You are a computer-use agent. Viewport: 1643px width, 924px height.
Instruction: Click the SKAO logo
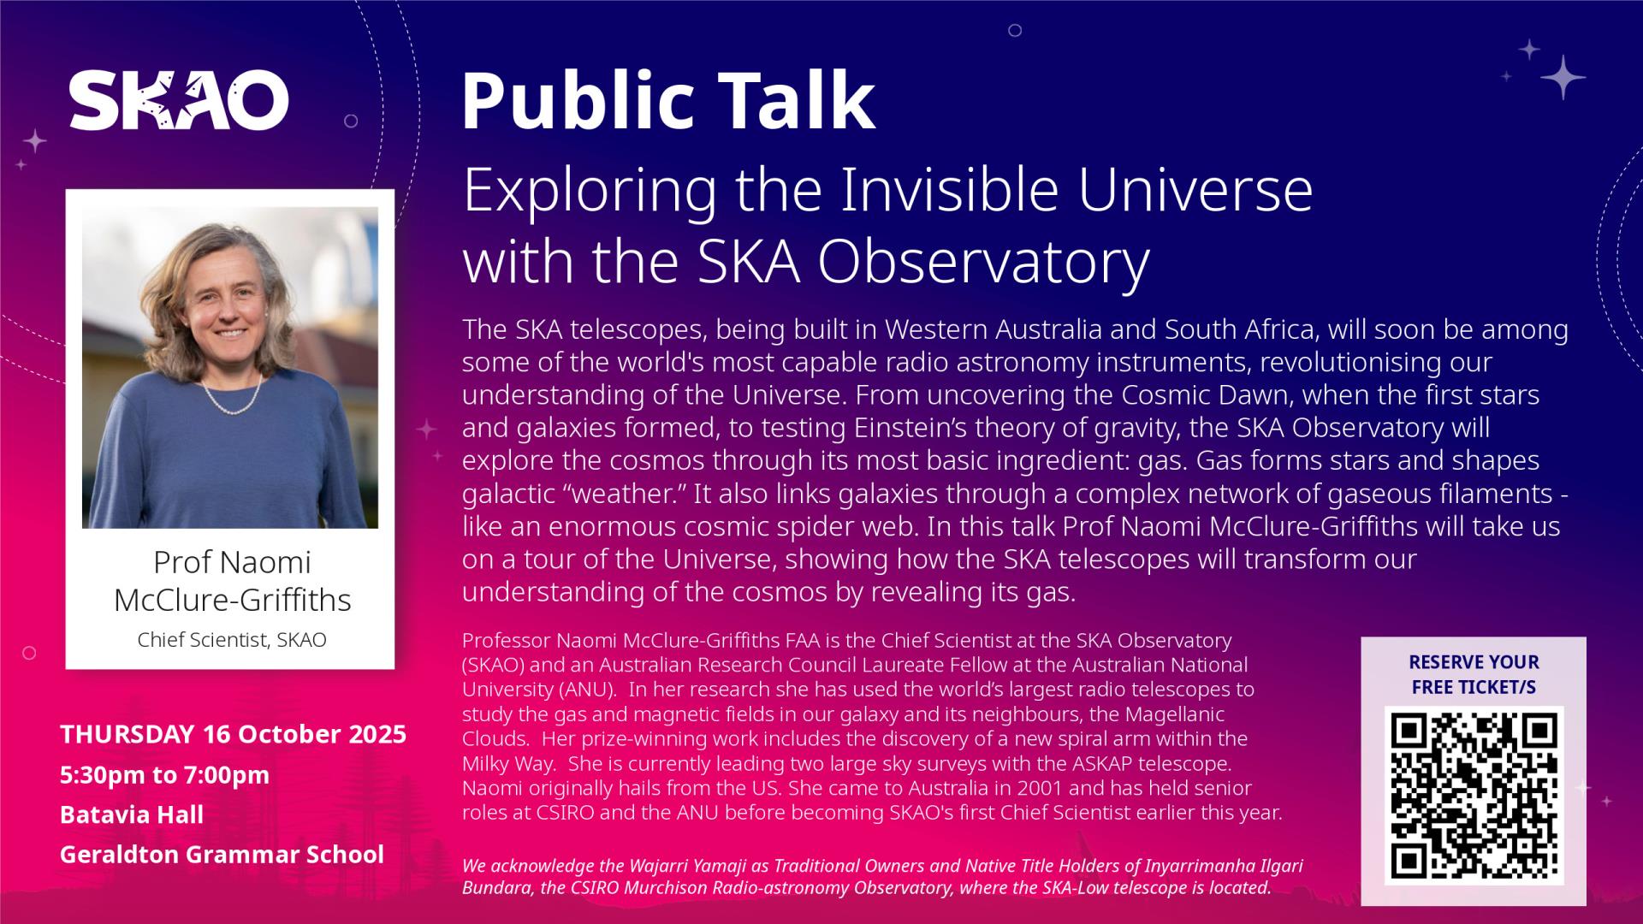pyautogui.click(x=179, y=100)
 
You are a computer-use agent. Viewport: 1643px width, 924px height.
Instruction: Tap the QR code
pyautogui.click(x=1474, y=795)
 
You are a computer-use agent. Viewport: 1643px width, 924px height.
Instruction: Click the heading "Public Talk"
pyautogui.click(x=668, y=101)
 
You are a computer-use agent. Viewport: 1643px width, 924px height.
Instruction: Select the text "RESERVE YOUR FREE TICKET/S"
pyautogui.click(x=1474, y=674)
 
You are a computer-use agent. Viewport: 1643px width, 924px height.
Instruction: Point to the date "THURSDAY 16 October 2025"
pyautogui.click(x=233, y=734)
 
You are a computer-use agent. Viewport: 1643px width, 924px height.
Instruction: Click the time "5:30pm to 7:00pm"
pyautogui.click(x=164, y=774)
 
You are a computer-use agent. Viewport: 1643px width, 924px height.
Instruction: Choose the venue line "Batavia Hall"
pyautogui.click(x=132, y=814)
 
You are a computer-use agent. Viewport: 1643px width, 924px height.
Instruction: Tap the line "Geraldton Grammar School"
pyautogui.click(x=222, y=854)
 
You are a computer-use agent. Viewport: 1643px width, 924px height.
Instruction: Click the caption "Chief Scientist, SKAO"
pyautogui.click(x=232, y=640)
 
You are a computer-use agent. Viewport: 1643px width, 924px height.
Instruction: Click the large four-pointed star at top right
pyautogui.click(x=1563, y=77)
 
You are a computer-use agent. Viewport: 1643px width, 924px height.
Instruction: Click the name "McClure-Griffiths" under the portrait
pyautogui.click(x=232, y=600)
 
